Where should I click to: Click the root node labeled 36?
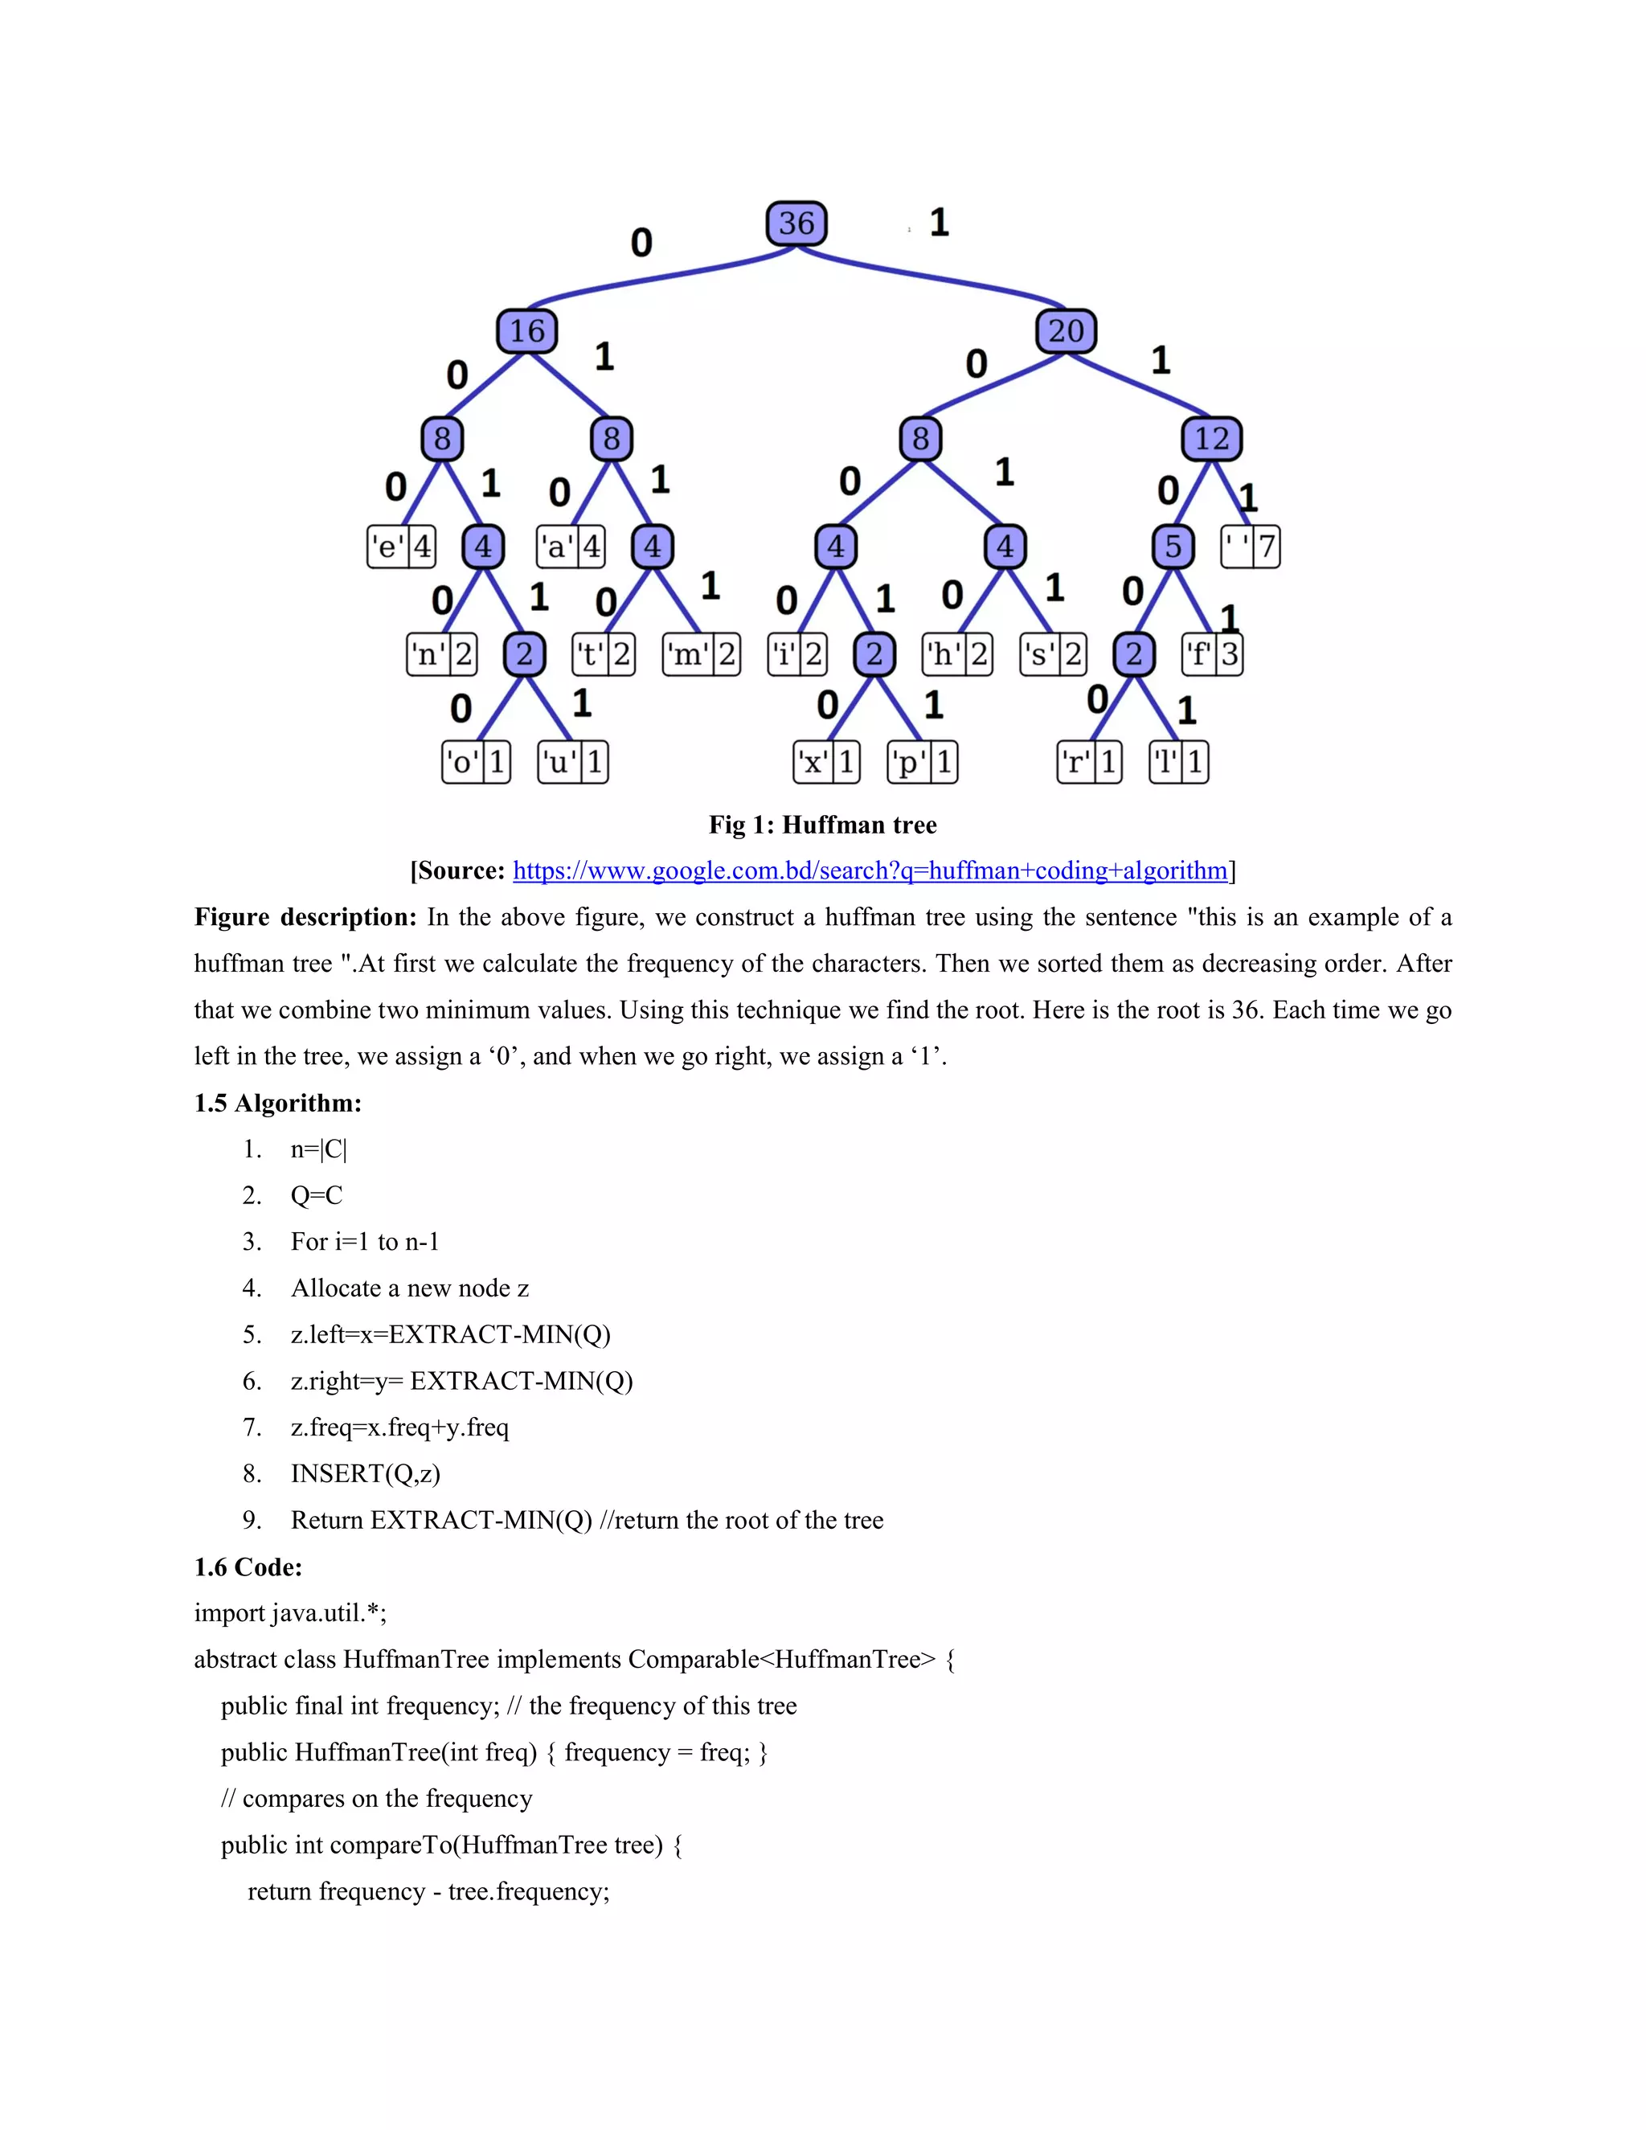tap(796, 223)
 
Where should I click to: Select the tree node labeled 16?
tap(526, 330)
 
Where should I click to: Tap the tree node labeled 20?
tap(1066, 330)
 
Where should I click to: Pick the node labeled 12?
tap(1212, 439)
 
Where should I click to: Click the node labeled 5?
tap(1173, 546)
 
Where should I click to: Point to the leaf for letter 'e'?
tap(401, 546)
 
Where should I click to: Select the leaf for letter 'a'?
tap(571, 546)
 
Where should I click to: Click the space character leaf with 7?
tap(1250, 546)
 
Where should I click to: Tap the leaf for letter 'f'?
tap(1212, 653)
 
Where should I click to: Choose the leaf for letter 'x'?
tap(827, 762)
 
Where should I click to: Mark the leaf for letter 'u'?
tap(573, 762)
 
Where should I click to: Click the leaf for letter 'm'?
tap(701, 653)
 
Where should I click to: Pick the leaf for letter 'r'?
tap(1089, 762)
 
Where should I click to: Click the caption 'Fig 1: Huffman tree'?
tap(822, 825)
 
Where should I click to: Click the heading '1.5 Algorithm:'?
tap(278, 1103)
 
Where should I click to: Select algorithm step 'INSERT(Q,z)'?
tap(365, 1473)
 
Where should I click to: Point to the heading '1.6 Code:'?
tap(248, 1567)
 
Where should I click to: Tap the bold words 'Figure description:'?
tap(305, 918)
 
